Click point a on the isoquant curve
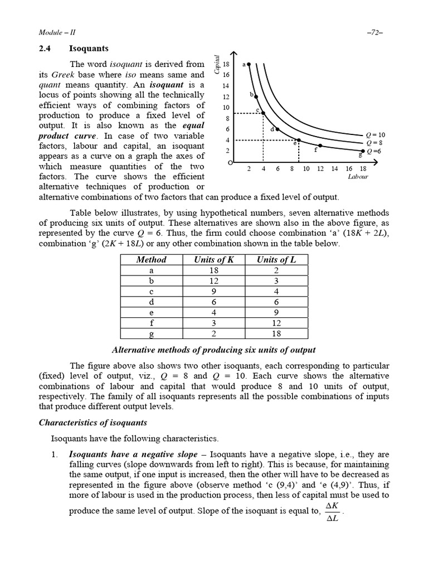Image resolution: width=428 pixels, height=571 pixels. tap(249, 64)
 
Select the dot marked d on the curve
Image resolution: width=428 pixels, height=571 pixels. tap(279, 129)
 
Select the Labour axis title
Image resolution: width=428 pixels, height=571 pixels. tap(358, 176)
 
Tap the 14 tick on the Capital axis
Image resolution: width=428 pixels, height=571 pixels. tap(226, 86)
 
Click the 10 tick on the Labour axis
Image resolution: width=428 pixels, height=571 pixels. tap(306, 168)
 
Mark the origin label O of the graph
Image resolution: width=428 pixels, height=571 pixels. tap(230, 162)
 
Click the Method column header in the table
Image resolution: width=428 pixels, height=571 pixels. tap(151, 259)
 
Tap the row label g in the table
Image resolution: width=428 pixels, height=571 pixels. tap(151, 333)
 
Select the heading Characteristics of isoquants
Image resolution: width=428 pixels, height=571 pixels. tap(93, 422)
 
